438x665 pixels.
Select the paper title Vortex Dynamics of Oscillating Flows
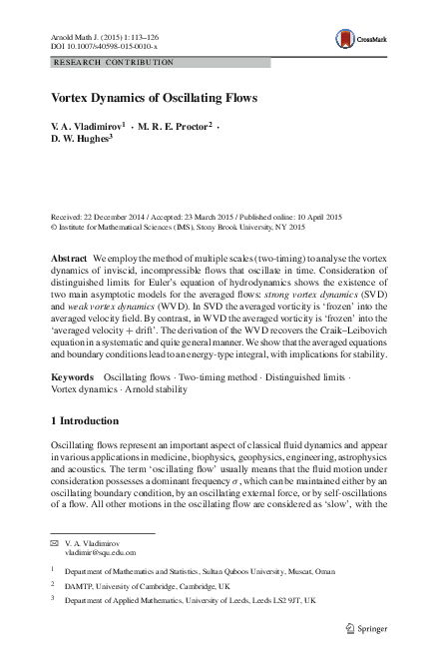click(155, 98)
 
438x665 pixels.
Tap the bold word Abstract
click(69, 259)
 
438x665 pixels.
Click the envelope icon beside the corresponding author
click(55, 542)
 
